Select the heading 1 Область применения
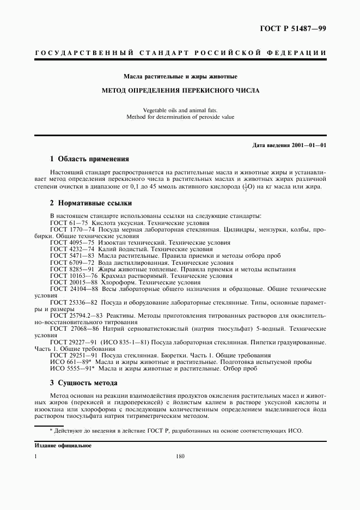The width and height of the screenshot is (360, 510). (89, 159)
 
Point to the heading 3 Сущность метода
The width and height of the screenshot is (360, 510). (83, 383)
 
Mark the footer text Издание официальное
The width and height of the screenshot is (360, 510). (63, 445)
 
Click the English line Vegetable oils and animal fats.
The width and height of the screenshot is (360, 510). (180, 110)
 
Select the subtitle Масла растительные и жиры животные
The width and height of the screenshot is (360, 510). (180, 76)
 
